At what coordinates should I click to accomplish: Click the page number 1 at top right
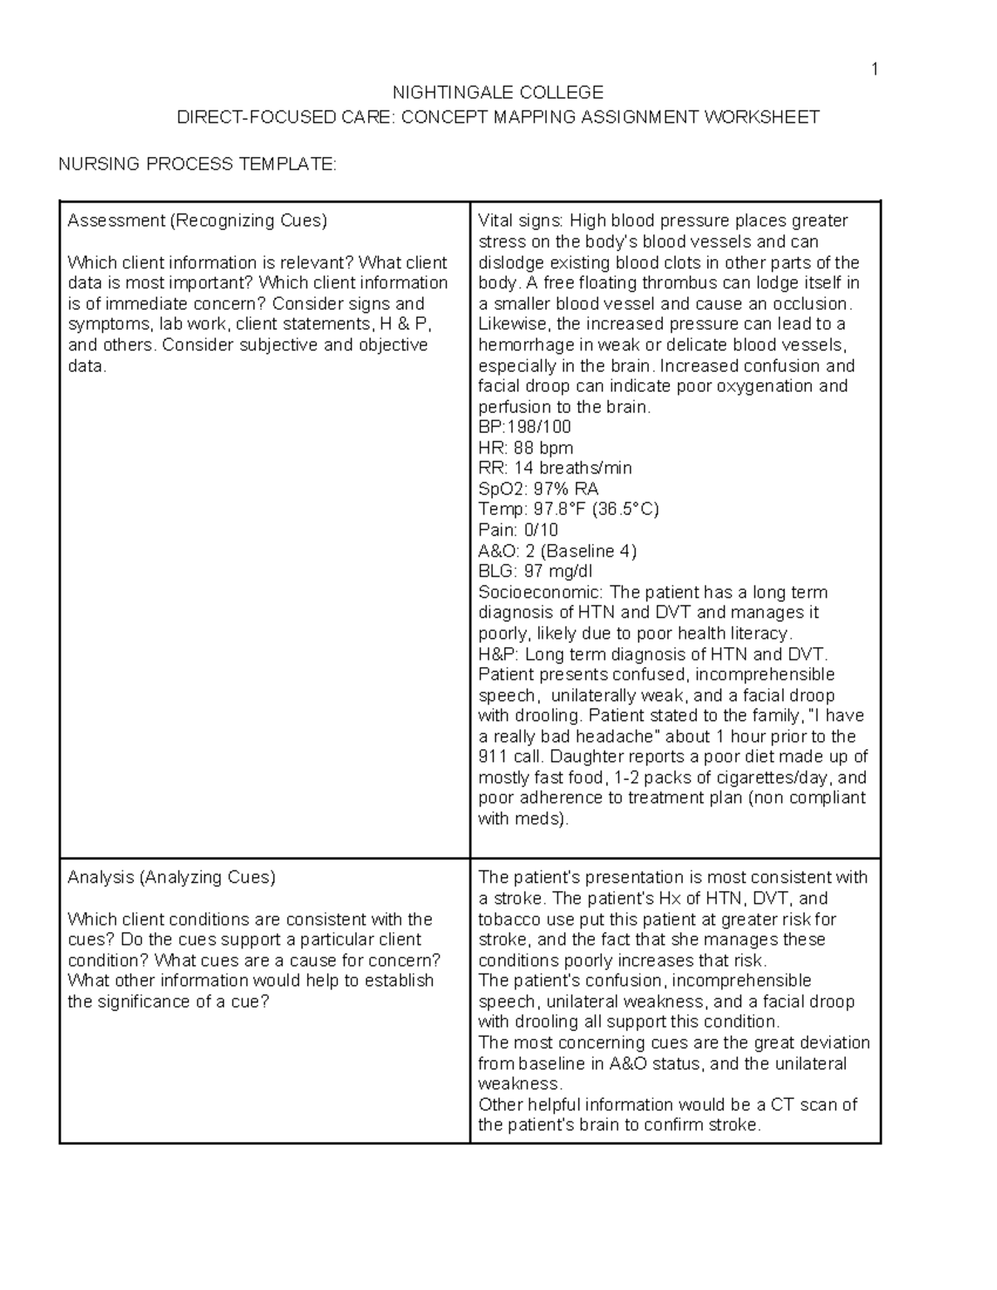point(874,70)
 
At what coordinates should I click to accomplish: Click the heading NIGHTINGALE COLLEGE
point(498,92)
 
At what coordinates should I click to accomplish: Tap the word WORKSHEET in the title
point(762,117)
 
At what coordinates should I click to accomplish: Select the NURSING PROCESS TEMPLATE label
point(198,164)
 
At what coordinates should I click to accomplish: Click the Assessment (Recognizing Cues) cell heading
point(198,221)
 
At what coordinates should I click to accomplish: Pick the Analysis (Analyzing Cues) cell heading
point(171,877)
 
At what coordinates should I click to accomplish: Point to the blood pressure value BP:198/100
point(524,427)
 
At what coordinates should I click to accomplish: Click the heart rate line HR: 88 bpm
point(525,448)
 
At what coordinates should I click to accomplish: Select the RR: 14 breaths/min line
point(555,468)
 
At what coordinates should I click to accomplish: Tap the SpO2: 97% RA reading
point(538,489)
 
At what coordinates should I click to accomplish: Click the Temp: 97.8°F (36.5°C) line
point(568,509)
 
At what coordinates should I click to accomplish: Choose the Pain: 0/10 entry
point(518,530)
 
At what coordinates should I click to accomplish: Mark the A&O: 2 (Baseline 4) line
point(557,551)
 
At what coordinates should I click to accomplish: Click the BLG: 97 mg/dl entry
point(535,571)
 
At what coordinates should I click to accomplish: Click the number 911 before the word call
point(492,757)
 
